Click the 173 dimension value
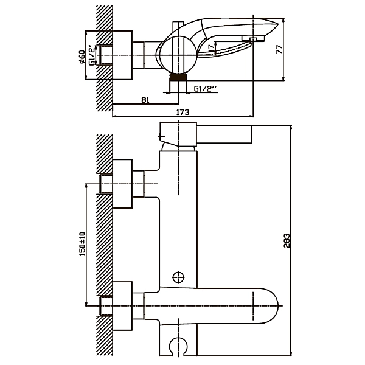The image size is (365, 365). tap(182, 112)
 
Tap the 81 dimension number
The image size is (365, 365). tap(145, 100)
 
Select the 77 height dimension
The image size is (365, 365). tap(279, 49)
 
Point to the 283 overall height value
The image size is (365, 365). tap(287, 240)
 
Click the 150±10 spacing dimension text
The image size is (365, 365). tap(82, 244)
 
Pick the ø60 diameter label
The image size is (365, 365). tap(82, 57)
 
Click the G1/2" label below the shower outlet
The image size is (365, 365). tap(206, 89)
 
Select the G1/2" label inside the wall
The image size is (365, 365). tap(92, 56)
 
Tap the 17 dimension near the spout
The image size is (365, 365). tap(211, 49)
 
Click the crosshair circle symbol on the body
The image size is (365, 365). tap(178, 277)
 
